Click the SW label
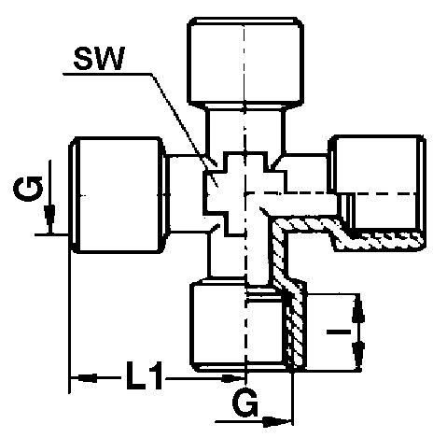tap(99, 58)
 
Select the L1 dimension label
tap(145, 375)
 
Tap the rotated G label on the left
tap(28, 189)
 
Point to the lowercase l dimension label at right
tap(339, 332)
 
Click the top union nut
tap(245, 61)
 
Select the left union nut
tap(119, 195)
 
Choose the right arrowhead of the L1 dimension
tap(232, 378)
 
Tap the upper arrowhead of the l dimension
tap(358, 308)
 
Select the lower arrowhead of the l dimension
tap(358, 355)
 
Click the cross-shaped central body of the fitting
tap(245, 193)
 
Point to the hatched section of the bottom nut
tap(295, 327)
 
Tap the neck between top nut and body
tap(245, 129)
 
